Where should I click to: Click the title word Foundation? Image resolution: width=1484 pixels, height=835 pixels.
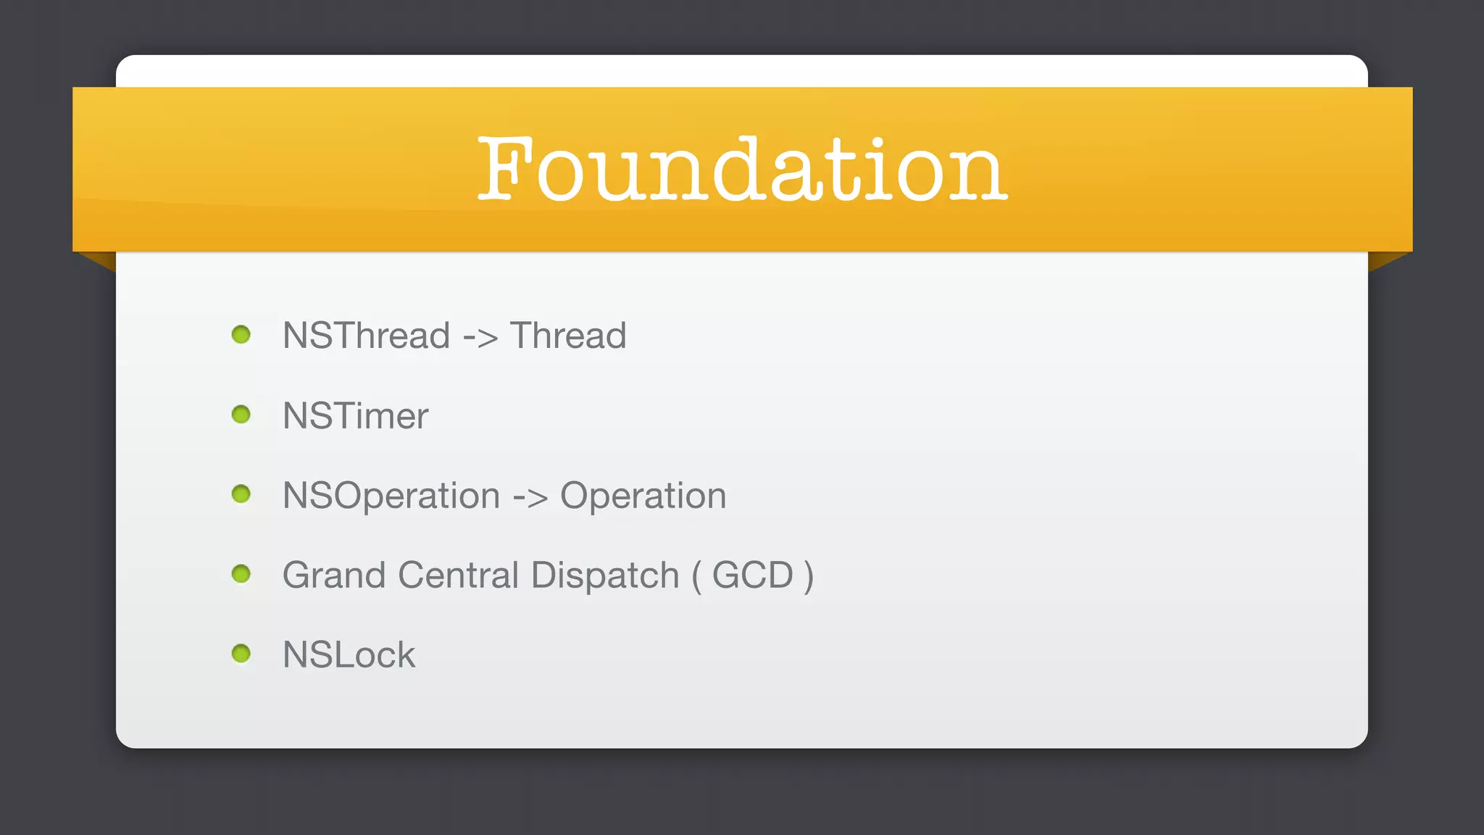(742, 170)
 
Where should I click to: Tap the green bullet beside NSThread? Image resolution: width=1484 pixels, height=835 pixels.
(241, 335)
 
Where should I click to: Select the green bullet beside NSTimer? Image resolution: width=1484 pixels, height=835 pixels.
(241, 415)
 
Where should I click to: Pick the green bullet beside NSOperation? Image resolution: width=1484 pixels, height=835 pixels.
(241, 494)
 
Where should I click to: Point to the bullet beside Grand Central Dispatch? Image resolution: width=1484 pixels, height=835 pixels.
(241, 574)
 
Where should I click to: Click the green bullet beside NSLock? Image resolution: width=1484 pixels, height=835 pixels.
(241, 654)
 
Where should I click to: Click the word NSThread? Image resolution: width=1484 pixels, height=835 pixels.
(367, 336)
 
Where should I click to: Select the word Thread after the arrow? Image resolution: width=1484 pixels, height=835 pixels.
(568, 336)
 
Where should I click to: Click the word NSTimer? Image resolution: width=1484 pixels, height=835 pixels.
(355, 416)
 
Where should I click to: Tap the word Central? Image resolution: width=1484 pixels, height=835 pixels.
(458, 576)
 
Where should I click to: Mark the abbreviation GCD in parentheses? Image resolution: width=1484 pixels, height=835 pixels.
(753, 576)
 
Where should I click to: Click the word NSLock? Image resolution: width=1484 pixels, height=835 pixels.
(349, 655)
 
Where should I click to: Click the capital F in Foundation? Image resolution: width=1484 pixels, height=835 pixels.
(505, 168)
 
